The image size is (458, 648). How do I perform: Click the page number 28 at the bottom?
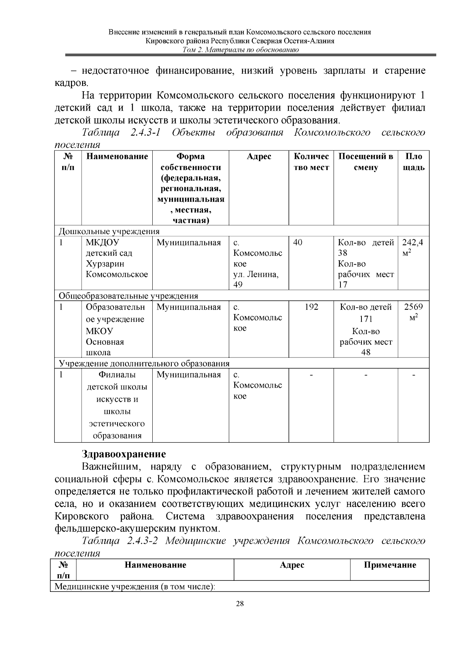point(240,604)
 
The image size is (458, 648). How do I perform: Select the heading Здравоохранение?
point(124,454)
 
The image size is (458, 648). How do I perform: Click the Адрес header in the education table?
point(259,157)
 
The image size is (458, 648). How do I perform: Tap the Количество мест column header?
point(311,162)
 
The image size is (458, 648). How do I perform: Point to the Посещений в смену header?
point(366,162)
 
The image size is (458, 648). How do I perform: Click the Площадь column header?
point(413,162)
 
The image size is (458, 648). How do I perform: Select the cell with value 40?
point(298,242)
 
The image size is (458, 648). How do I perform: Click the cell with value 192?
point(311,307)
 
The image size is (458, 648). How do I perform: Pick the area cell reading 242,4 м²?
point(413,247)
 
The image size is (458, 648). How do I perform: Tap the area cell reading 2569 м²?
point(413,312)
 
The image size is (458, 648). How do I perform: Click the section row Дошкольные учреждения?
point(109,231)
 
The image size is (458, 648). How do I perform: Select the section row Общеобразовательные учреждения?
point(128,296)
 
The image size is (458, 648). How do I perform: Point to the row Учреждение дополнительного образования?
point(144,364)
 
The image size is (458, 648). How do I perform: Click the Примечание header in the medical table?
point(390,565)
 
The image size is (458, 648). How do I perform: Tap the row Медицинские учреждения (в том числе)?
point(135,587)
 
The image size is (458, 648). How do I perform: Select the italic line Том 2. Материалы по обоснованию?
point(240,50)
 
